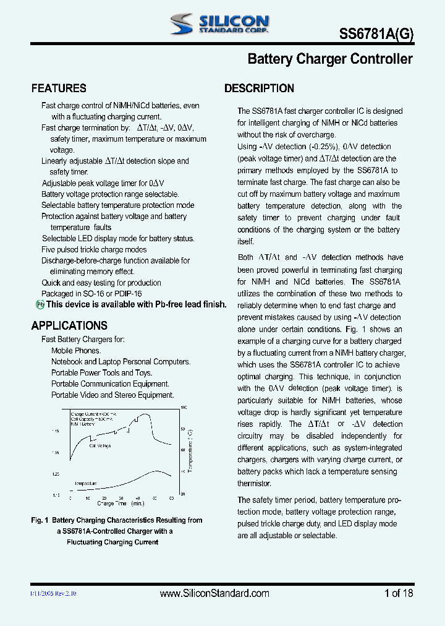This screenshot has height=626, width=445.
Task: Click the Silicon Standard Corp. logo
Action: pyautogui.click(x=219, y=24)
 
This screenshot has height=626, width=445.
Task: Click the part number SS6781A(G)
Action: pyautogui.click(x=377, y=35)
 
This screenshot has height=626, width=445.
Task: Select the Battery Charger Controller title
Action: pyautogui.click(x=329, y=59)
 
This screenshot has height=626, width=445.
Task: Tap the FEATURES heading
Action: pyautogui.click(x=59, y=88)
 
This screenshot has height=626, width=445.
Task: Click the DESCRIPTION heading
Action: pyautogui.click(x=259, y=88)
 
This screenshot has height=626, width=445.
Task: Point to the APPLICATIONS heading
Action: pyautogui.click(x=69, y=325)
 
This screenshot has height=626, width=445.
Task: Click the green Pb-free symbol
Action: pyautogui.click(x=40, y=304)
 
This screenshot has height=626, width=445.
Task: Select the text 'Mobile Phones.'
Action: pyautogui.click(x=76, y=351)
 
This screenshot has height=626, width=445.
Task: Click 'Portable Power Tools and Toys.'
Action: pyautogui.click(x=101, y=372)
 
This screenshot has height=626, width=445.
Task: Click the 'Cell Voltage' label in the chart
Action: pyautogui.click(x=101, y=445)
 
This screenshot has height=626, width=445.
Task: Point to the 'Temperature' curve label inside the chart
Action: pyautogui.click(x=86, y=483)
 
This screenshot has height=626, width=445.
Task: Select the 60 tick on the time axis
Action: pyautogui.click(x=171, y=498)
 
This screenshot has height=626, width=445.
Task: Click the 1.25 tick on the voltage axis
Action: pyautogui.click(x=56, y=474)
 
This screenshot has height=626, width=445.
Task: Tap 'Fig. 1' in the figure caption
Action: pyautogui.click(x=40, y=520)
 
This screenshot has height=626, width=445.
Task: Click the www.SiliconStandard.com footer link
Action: pyautogui.click(x=214, y=593)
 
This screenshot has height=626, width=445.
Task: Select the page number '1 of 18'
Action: pyautogui.click(x=399, y=593)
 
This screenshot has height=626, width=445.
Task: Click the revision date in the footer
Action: pyautogui.click(x=54, y=593)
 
